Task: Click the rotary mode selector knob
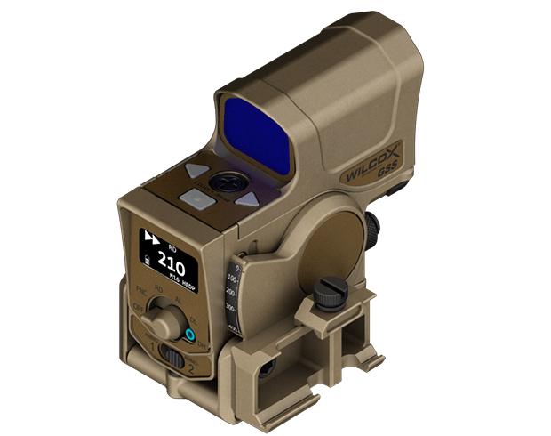[x=163, y=316]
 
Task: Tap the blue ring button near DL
[x=189, y=335]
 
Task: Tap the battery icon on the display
[x=148, y=260]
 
